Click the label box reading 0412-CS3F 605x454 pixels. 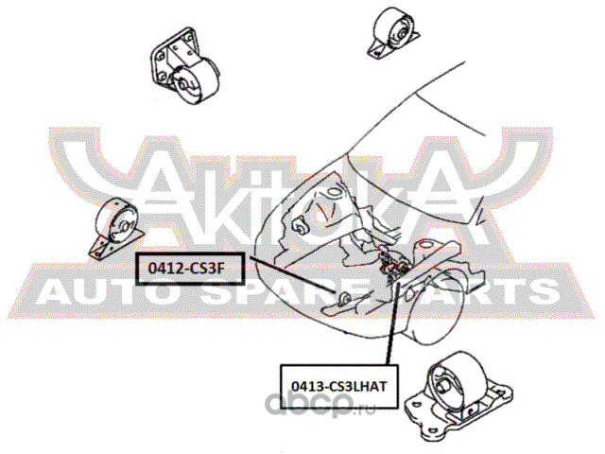(190, 269)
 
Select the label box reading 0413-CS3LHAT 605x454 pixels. (338, 386)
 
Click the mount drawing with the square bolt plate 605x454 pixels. (183, 66)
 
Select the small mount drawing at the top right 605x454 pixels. (393, 32)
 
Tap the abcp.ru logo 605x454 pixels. (320, 404)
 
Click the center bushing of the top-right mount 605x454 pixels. (402, 34)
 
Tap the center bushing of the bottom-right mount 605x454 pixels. (443, 386)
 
